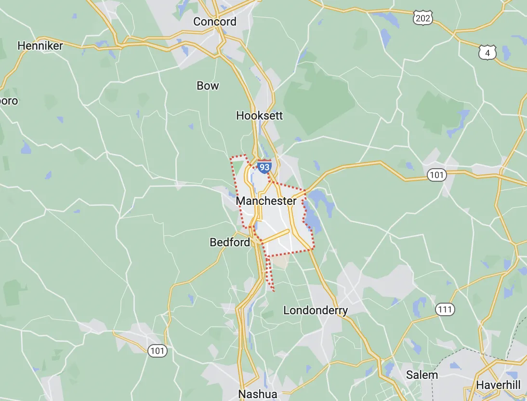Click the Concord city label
click(215, 22)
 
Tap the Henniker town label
click(40, 46)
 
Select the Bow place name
click(208, 86)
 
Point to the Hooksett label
click(260, 116)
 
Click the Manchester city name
click(266, 201)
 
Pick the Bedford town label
click(230, 242)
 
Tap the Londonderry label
click(316, 310)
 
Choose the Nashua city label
click(258, 394)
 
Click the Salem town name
click(422, 375)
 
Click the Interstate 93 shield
click(264, 167)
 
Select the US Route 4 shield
click(487, 53)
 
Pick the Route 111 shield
click(444, 309)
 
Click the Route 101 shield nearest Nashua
click(158, 350)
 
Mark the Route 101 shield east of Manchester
click(437, 175)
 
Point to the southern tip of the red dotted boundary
click(274, 291)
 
